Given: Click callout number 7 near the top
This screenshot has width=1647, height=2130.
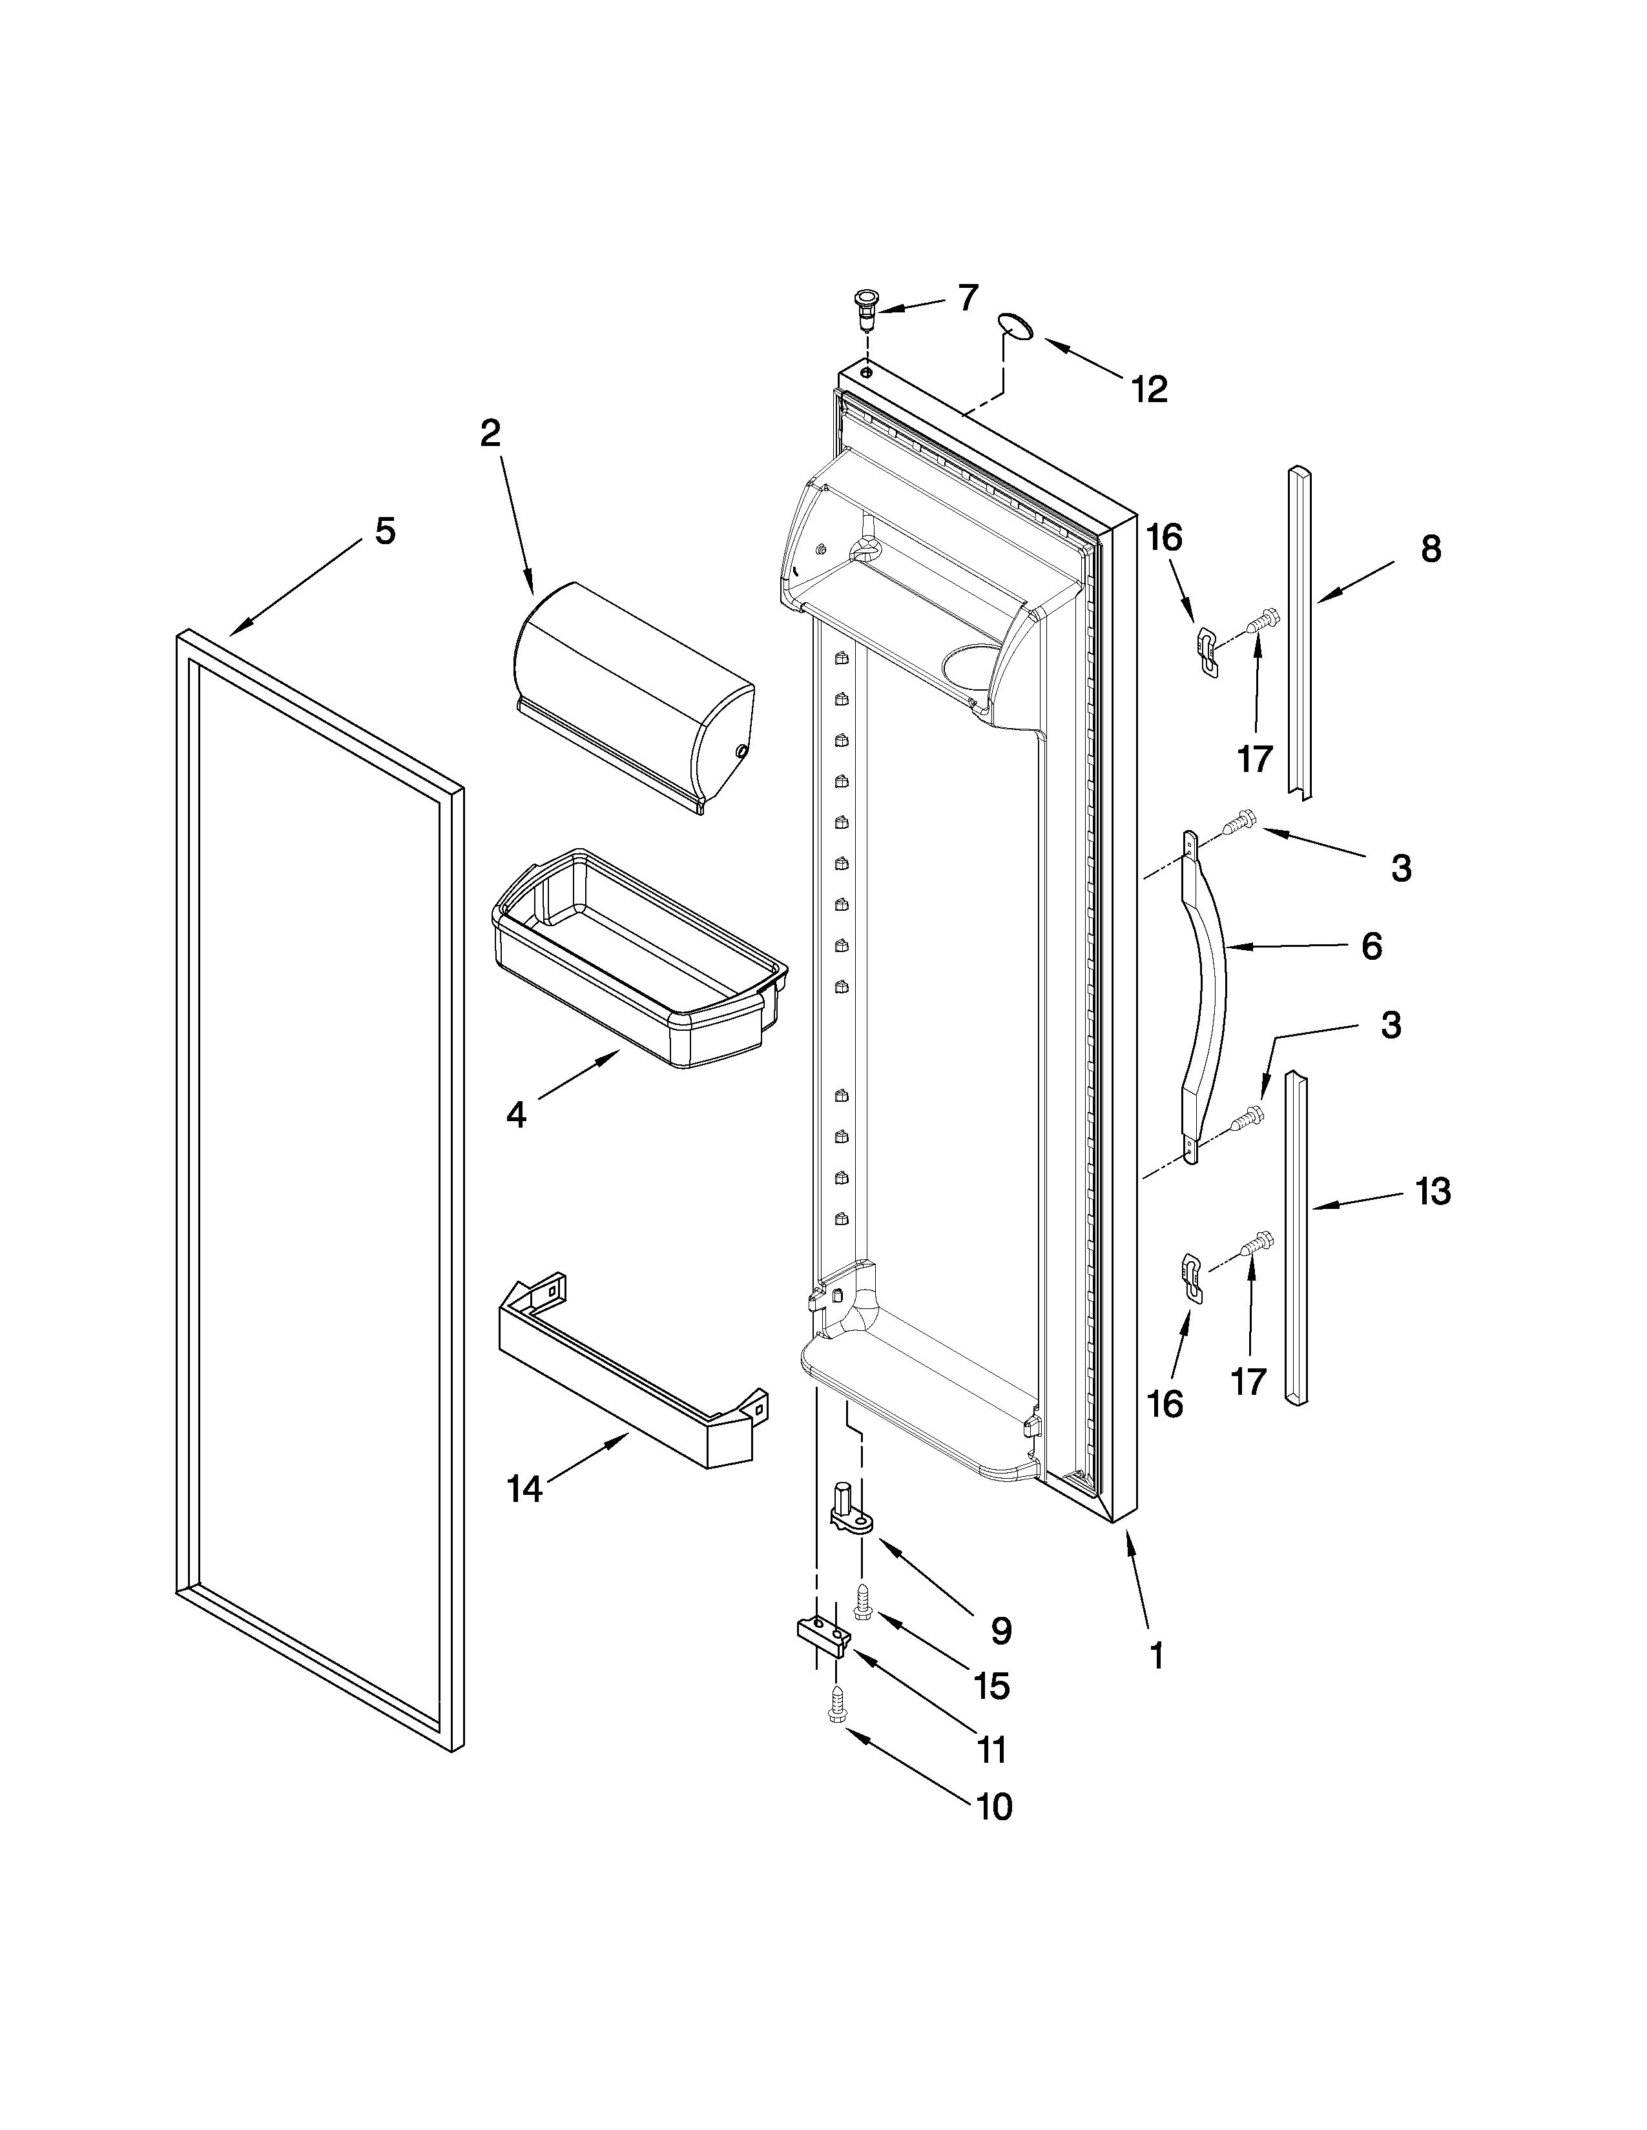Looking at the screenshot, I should point(966,298).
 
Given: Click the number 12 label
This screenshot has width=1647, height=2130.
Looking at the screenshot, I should point(1150,390).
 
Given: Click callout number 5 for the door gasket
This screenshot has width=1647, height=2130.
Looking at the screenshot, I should point(386,531).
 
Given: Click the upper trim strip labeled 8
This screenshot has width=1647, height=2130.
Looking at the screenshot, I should point(1299,634).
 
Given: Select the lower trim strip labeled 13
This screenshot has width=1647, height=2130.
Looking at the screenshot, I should point(1296,1239).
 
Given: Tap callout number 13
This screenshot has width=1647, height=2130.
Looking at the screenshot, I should point(1433,1191).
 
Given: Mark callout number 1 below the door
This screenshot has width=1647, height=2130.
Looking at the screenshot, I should point(1156,1656).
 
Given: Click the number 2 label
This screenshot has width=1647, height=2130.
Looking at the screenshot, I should point(490,433).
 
